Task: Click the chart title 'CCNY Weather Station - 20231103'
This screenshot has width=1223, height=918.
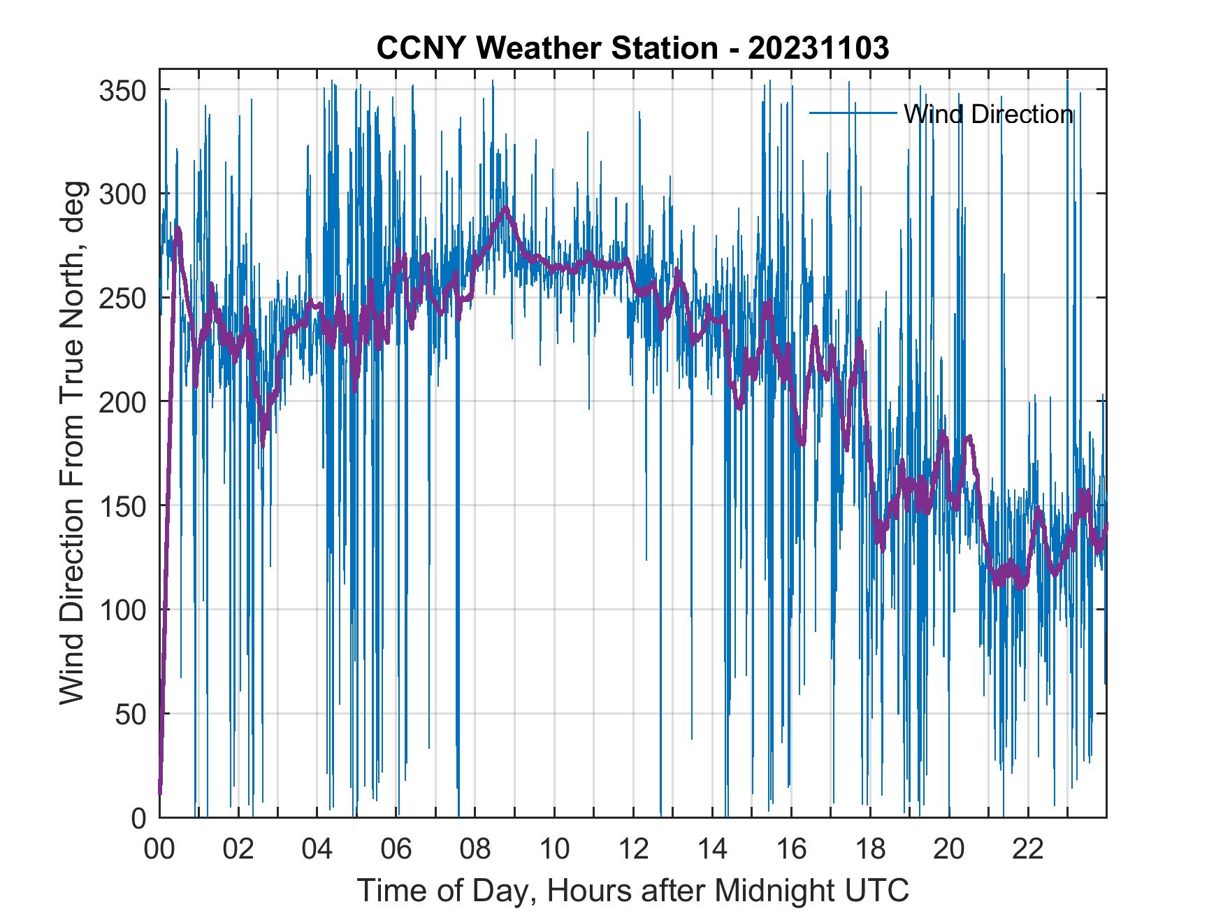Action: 632,48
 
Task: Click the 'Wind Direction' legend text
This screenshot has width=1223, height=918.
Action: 988,114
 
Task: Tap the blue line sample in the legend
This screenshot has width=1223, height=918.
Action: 853,113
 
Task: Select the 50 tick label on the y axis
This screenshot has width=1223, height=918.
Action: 131,714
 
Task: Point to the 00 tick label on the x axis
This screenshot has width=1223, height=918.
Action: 159,849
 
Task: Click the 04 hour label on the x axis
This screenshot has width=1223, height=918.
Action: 317,849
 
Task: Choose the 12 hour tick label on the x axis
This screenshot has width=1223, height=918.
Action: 633,849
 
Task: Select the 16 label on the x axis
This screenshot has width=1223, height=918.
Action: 791,849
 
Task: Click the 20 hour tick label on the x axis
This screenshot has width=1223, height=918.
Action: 949,849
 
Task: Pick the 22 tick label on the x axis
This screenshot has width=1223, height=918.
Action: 1028,849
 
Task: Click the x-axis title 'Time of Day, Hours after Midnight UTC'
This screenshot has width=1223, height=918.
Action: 632,891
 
